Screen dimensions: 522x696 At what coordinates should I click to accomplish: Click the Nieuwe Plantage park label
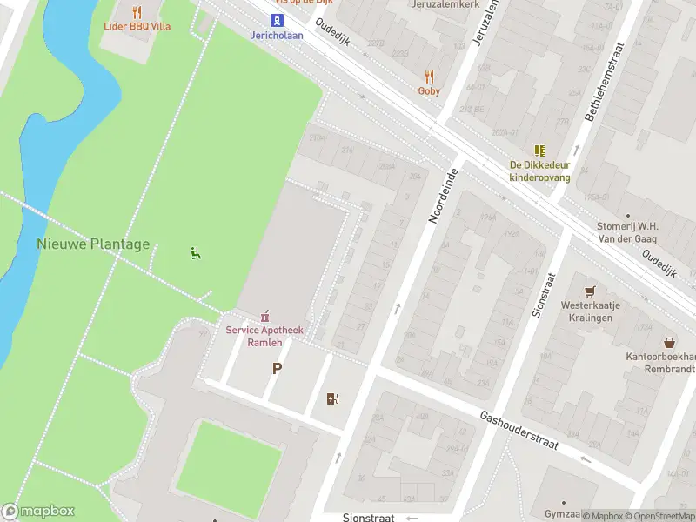click(93, 244)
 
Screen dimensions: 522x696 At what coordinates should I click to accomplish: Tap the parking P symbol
click(277, 368)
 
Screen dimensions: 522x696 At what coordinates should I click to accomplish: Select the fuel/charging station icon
click(331, 399)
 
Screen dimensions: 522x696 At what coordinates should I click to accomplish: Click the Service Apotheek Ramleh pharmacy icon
click(264, 316)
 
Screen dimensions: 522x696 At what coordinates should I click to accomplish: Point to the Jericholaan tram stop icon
click(277, 20)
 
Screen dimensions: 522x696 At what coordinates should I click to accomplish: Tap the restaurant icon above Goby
click(428, 76)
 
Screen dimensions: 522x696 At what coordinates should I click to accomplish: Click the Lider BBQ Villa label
click(137, 26)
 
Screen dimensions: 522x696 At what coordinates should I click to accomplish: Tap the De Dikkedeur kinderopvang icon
click(539, 150)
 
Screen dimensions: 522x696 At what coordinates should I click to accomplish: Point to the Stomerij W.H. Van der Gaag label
click(627, 231)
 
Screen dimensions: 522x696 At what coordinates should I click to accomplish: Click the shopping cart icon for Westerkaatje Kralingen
click(591, 291)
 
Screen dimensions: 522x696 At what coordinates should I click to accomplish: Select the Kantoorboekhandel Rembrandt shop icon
click(668, 343)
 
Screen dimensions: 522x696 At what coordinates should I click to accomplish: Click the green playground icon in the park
click(195, 253)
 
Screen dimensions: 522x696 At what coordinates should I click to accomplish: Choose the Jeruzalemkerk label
click(444, 4)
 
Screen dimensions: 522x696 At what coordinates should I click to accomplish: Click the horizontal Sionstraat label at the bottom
click(368, 516)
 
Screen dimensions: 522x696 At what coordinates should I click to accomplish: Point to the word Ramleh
click(264, 342)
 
